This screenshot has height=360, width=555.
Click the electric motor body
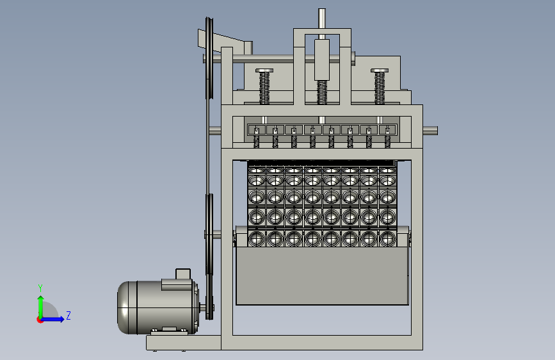pyautogui.click(x=157, y=307)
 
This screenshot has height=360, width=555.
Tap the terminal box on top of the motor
pyautogui.click(x=183, y=274)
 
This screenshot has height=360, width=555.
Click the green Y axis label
pyautogui.click(x=40, y=288)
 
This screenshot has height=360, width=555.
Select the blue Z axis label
pyautogui.click(x=68, y=315)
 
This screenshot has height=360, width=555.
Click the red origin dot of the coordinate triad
pyautogui.click(x=40, y=320)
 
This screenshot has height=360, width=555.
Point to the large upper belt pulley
pyautogui.click(x=209, y=58)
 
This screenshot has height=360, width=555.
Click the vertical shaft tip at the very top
pyautogui.click(x=322, y=10)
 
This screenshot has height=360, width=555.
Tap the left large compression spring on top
pyautogui.click(x=264, y=87)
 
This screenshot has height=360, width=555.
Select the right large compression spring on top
pyautogui.click(x=380, y=87)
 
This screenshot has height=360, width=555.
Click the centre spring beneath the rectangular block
pyautogui.click(x=322, y=92)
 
